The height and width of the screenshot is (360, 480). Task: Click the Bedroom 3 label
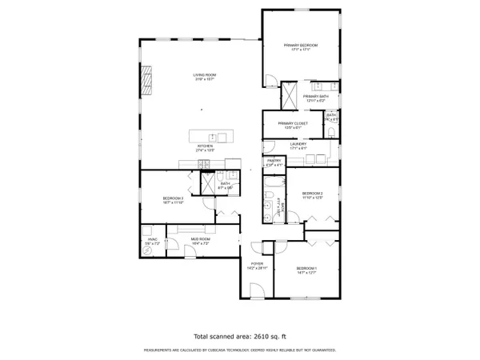coord(174,200)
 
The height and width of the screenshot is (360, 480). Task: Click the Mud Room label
coord(200,240)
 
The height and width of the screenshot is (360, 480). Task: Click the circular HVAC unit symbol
coord(147,250)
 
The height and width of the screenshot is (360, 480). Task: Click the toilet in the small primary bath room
coord(331,133)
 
